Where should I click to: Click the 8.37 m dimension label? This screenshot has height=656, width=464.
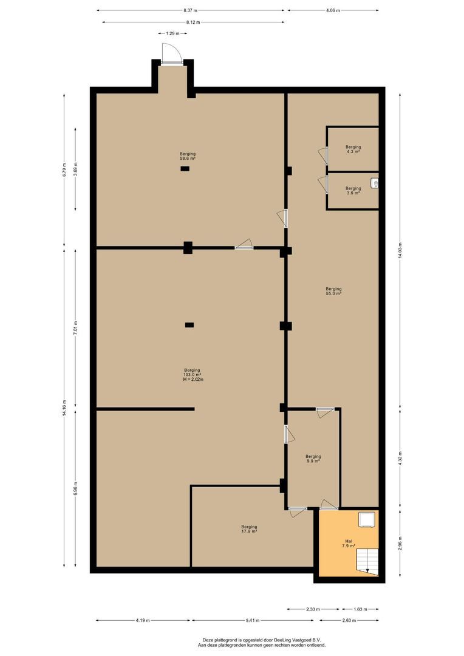[x=190, y=10]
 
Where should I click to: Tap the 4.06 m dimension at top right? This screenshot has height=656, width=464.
[x=333, y=10]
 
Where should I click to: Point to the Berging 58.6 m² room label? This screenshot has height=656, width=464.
[x=187, y=157]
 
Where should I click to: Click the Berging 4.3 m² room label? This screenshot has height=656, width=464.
[x=353, y=149]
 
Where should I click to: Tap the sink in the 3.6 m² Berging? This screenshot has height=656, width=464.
[x=375, y=183]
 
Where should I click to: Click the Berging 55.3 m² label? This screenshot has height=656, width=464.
[x=333, y=291]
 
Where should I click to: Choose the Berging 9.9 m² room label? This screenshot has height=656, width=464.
[x=313, y=459]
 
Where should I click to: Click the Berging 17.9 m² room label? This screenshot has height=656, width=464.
[x=249, y=529]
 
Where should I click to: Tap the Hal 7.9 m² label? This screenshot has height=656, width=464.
[x=348, y=544]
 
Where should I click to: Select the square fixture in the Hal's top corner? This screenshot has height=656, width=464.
[x=366, y=519]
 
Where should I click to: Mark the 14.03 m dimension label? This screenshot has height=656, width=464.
[x=399, y=250]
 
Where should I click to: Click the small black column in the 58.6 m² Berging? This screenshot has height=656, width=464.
[x=185, y=168]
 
